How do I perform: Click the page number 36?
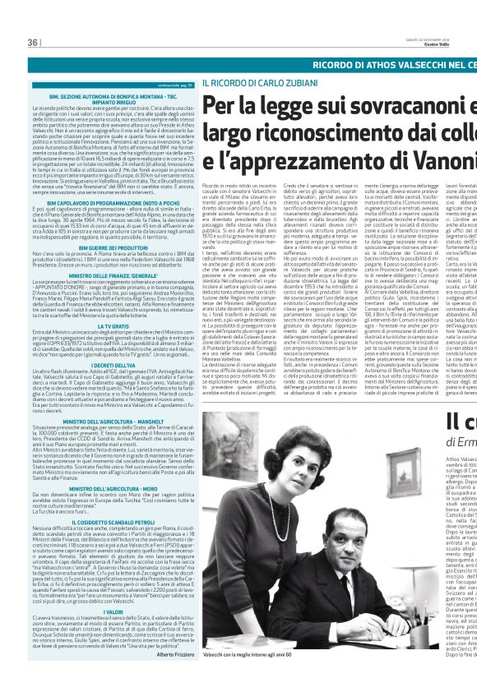tap(34, 42)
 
